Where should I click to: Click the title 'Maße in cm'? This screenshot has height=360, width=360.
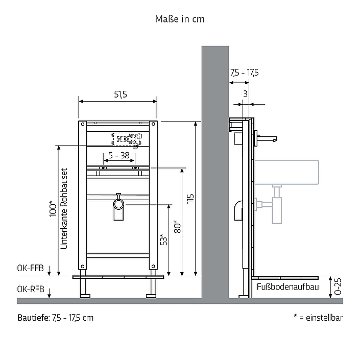tap(180, 19)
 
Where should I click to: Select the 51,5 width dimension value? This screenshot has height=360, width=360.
tap(121, 94)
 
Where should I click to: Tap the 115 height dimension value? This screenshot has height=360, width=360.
tap(190, 199)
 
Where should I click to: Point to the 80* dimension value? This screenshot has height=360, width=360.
tap(177, 227)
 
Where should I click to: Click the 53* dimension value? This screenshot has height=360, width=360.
tap(164, 239)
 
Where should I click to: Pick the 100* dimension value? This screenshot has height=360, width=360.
tap(53, 209)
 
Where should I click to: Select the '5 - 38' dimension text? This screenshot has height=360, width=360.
tap(119, 155)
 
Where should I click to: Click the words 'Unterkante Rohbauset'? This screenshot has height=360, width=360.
tap(64, 209)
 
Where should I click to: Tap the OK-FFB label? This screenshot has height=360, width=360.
tap(30, 268)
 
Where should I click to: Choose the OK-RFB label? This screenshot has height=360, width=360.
tap(31, 290)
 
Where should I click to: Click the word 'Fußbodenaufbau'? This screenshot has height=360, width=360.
tap(287, 287)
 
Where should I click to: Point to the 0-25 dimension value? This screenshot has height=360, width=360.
tap(338, 286)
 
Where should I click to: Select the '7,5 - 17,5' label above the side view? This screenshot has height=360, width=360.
tap(245, 73)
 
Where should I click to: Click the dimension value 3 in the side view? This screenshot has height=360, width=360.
tap(245, 94)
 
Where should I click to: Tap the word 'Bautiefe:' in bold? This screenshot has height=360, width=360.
tap(34, 318)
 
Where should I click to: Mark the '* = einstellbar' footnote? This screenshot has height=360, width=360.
tap(318, 318)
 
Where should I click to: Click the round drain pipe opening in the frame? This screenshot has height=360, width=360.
tap(118, 204)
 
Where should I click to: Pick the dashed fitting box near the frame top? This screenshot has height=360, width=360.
tap(126, 139)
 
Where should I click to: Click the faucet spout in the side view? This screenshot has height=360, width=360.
tap(268, 138)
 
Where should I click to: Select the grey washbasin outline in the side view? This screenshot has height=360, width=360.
tap(286, 172)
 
